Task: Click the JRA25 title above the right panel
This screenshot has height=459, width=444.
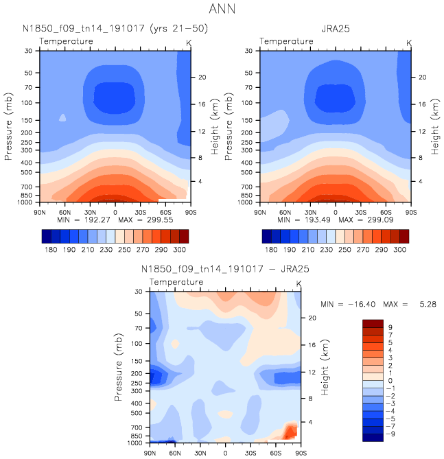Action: click(335, 28)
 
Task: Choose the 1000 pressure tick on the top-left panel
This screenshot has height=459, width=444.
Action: click(26, 203)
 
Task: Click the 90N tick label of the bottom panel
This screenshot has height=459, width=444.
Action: click(151, 454)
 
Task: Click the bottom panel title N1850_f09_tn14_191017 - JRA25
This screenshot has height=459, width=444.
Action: click(225, 270)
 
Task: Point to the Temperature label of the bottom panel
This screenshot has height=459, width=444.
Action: click(176, 282)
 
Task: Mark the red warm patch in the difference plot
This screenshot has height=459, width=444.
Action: click(290, 432)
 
